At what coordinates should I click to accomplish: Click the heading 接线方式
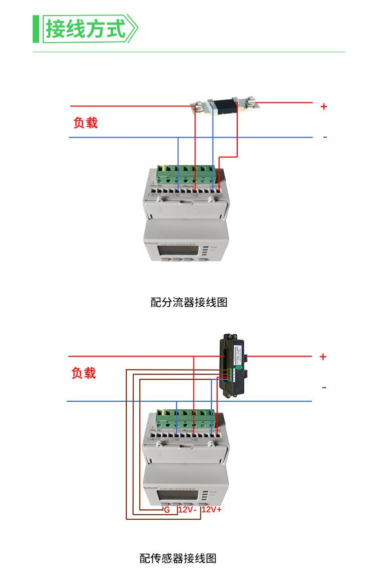85,29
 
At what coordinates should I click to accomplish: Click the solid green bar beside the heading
36,29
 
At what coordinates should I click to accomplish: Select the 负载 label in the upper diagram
85,123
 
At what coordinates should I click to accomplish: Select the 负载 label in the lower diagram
83,373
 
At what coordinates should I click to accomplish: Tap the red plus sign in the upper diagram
324,106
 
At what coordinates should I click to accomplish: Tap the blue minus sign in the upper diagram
325,137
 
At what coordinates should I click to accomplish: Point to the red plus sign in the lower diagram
323,357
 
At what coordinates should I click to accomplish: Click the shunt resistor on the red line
224,106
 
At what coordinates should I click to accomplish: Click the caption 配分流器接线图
189,302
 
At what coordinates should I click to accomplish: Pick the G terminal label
167,509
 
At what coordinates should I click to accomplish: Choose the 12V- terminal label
187,509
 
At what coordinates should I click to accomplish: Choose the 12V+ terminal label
212,509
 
